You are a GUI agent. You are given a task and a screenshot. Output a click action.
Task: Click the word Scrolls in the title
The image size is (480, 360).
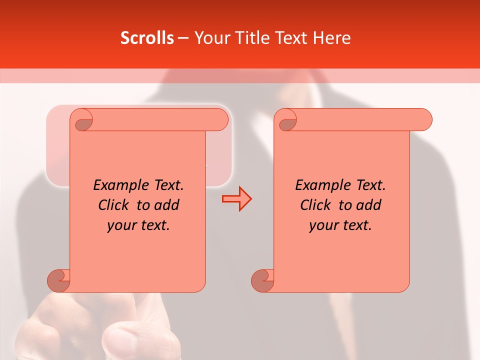pos(147,38)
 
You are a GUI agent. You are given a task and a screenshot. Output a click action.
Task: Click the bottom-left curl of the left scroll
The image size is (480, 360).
pos(58,280)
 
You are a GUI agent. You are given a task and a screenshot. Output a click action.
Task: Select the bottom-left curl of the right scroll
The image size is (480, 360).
pos(262,280)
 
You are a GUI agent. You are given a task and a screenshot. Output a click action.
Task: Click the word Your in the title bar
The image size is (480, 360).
pos(209,38)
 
